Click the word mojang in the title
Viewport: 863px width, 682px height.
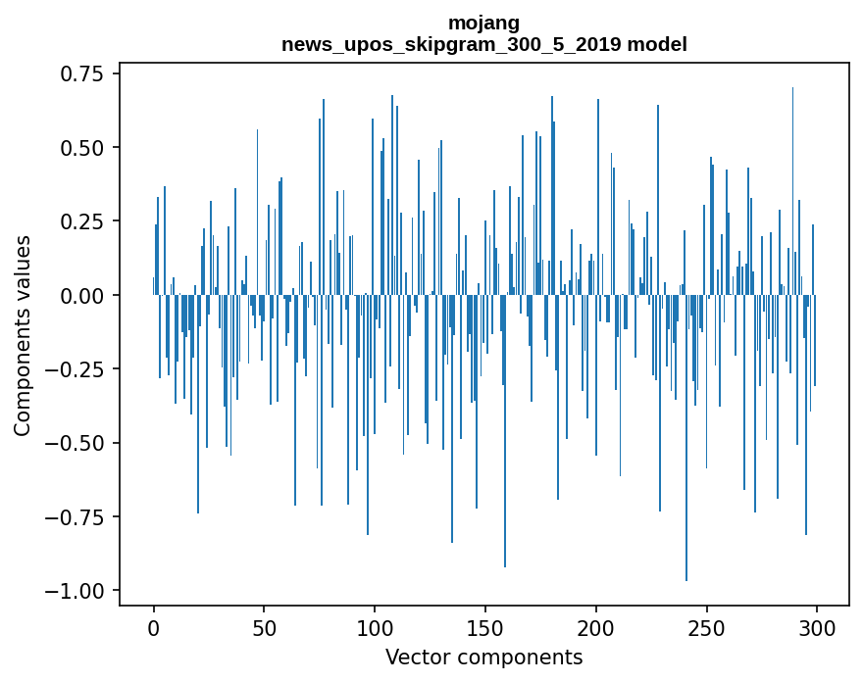483,23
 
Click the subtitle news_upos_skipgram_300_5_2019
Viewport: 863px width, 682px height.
456,45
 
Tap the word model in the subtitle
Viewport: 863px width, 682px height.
659,45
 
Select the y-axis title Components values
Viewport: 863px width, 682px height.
23,335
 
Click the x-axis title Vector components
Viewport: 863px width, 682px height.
483,658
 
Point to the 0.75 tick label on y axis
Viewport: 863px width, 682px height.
82,74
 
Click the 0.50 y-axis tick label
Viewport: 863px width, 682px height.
82,148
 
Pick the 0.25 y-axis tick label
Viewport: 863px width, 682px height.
82,221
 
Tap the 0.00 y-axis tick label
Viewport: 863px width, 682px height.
82,295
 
